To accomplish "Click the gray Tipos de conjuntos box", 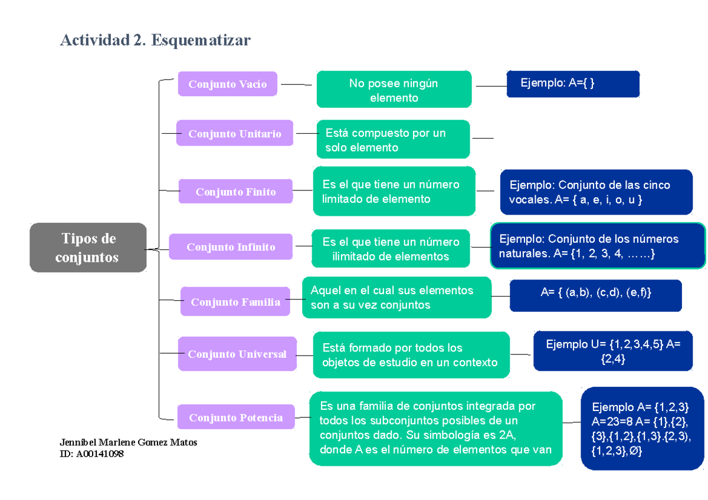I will [x=88, y=248].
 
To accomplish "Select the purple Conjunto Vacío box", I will [x=228, y=84].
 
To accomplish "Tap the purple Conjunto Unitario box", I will [x=235, y=134].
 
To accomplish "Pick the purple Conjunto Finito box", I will [x=235, y=192].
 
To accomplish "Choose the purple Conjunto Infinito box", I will [x=231, y=246].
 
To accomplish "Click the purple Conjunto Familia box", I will [x=235, y=302].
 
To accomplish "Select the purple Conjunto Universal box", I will [x=237, y=354].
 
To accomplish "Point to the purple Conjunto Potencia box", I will [x=235, y=417].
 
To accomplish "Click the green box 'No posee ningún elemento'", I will [x=394, y=90].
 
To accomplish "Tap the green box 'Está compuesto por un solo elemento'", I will [x=393, y=140].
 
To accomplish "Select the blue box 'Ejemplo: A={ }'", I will [x=573, y=84].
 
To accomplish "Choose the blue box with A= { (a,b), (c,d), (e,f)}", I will [x=596, y=295].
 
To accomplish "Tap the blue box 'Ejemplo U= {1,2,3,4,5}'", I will [x=613, y=351].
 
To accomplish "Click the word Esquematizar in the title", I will [x=201, y=40].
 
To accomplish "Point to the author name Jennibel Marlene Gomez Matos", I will [x=129, y=442].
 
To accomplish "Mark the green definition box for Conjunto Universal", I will [x=411, y=354].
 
